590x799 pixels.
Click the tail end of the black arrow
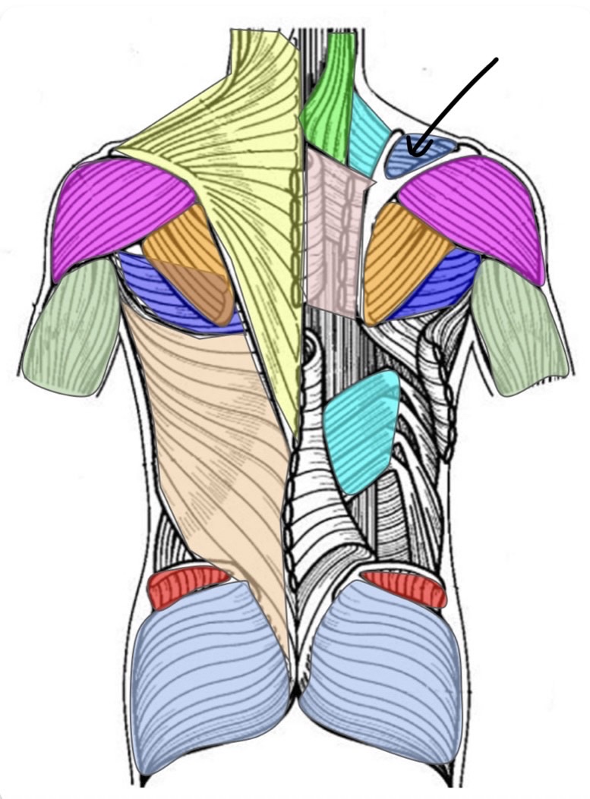point(497,58)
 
